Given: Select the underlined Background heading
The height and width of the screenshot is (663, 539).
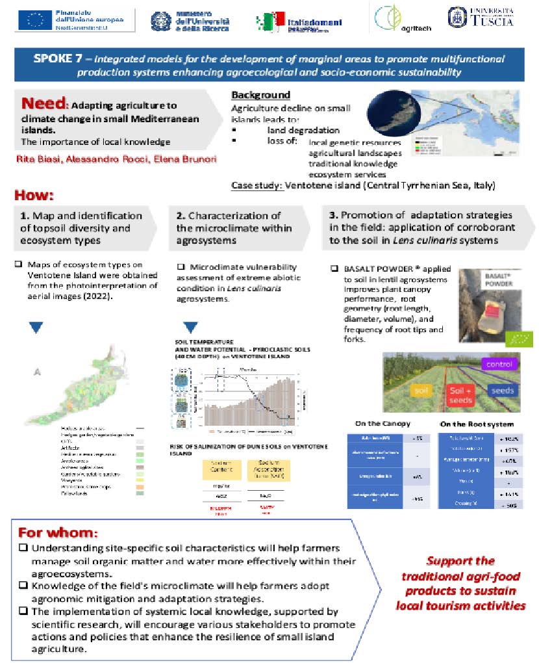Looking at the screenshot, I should click(x=260, y=95).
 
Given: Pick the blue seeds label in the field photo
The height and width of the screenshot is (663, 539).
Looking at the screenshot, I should click(x=502, y=390).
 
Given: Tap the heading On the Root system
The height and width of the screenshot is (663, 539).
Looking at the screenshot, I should click(x=476, y=424).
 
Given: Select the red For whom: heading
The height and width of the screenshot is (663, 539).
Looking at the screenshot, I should click(x=58, y=532).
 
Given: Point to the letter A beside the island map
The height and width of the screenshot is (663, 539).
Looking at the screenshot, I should click(x=37, y=372).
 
